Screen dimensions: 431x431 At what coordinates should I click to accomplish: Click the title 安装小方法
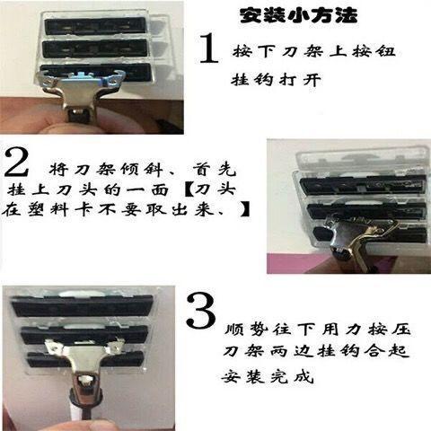click(x=298, y=15)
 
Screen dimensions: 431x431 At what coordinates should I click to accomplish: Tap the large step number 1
click(x=209, y=48)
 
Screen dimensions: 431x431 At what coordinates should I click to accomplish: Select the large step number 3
click(x=201, y=311)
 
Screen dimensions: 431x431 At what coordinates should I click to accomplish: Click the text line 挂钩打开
click(x=276, y=80)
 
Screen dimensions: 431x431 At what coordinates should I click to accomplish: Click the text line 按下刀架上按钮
click(x=314, y=51)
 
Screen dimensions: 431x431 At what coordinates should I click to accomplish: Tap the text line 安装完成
click(x=268, y=376)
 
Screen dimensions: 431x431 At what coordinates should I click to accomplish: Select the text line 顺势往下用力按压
click(x=317, y=330)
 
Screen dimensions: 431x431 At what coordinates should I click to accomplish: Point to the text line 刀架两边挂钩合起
click(x=316, y=350)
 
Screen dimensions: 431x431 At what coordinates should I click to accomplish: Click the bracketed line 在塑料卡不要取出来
click(x=126, y=209)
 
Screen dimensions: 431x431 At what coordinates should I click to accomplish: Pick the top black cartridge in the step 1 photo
click(x=95, y=26)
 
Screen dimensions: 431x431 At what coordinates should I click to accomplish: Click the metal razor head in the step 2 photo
click(x=356, y=241)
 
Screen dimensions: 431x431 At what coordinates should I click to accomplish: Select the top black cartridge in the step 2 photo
click(x=363, y=185)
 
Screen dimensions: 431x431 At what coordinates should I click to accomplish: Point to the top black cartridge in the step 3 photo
click(x=83, y=306)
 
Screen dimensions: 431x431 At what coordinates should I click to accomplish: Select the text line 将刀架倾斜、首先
click(x=143, y=171)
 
